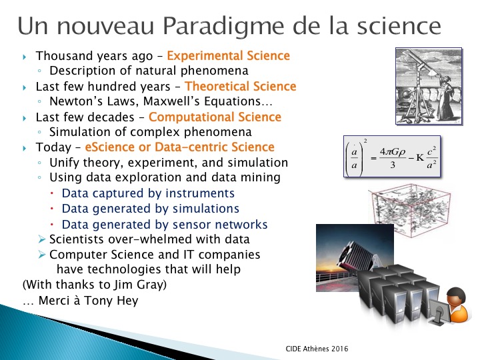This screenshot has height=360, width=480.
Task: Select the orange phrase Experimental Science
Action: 229,56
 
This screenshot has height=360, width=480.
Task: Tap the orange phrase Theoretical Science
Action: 240,86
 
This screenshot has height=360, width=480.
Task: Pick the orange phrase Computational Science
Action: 215,117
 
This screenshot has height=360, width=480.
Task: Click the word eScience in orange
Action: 109,147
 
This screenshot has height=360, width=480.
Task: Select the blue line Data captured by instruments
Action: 148,193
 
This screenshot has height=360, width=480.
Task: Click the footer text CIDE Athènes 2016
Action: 317,349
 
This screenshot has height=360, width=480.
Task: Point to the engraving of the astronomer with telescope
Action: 429,86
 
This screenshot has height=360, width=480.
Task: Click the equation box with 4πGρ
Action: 392,156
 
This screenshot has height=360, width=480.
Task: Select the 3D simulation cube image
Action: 410,210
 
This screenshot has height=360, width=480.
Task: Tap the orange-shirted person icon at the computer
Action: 457,305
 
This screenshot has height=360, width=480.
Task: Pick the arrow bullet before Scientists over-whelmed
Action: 42,239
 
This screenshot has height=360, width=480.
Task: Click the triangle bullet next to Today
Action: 25,149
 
